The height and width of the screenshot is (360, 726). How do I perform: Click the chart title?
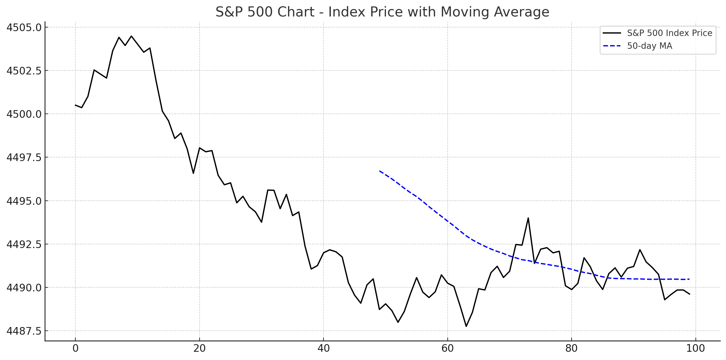382,12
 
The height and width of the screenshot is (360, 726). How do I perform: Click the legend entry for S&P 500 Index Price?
669,33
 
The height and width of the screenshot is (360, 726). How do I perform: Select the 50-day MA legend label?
649,46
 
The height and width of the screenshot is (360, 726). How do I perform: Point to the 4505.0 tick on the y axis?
24,27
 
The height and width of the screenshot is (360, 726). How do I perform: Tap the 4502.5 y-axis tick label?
24,71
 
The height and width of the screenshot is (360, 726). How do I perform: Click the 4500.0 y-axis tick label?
24,114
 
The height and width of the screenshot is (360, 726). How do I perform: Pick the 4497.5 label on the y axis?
24,157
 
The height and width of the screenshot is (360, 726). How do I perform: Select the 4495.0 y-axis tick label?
24,201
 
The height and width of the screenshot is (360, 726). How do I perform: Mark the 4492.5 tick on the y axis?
24,244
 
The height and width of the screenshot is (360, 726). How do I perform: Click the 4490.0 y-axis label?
24,288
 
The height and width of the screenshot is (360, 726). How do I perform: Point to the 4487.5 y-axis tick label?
24,331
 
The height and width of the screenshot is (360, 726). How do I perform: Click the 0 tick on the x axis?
75,348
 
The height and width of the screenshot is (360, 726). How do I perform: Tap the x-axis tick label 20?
199,348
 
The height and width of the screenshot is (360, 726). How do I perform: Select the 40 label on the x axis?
323,348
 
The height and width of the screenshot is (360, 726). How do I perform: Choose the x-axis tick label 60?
447,348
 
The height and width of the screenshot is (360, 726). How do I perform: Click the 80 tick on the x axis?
571,348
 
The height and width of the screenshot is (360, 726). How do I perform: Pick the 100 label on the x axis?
695,348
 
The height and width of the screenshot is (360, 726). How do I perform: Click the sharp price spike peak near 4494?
528,218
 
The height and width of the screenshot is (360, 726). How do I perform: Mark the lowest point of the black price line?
466,326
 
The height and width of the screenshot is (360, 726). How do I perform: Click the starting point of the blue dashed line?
380,171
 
